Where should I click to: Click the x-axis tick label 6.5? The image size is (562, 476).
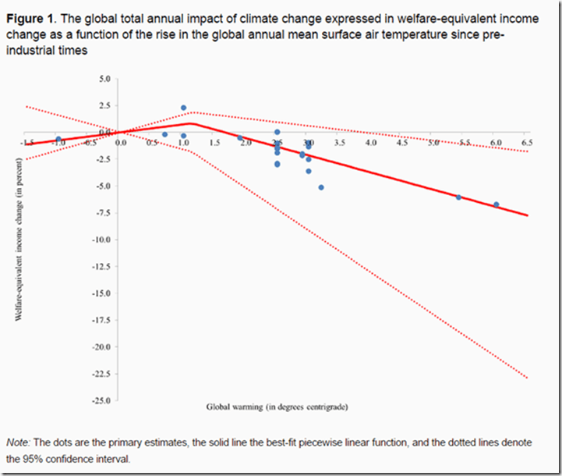pos(527,144)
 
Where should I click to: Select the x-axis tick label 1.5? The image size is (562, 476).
pos(215,144)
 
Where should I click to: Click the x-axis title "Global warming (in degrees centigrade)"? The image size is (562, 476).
pos(277,407)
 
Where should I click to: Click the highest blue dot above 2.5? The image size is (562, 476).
pos(183,108)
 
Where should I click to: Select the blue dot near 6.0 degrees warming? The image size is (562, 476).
pos(496,204)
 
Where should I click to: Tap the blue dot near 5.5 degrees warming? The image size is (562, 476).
pos(458,197)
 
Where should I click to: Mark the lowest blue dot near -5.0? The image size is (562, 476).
pos(321,187)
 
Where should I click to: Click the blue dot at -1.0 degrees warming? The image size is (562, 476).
pos(58,139)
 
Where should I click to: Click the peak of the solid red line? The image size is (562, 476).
pos(191,123)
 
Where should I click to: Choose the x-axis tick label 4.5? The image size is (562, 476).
pos(401,144)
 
